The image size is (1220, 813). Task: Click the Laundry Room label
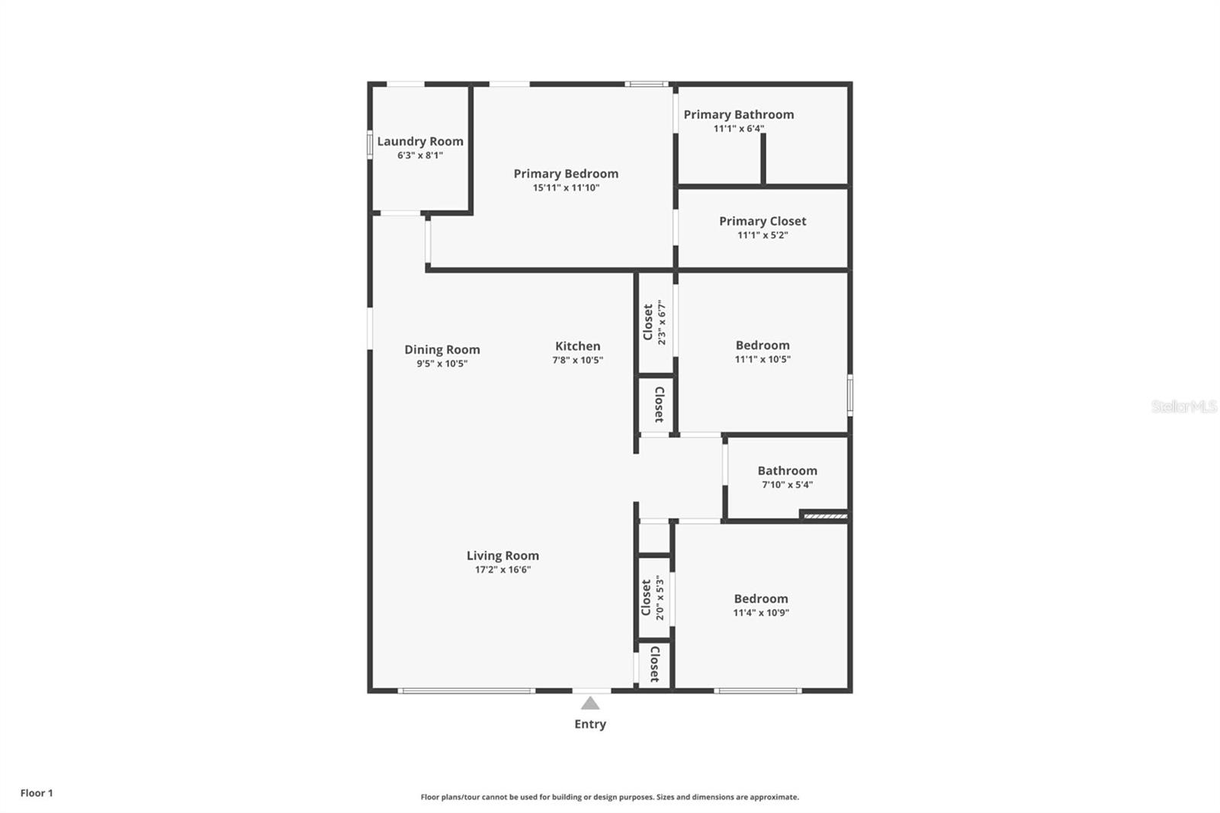click(x=420, y=141)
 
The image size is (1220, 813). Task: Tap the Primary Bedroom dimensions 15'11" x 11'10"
click(x=566, y=188)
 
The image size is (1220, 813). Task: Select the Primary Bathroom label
click(x=738, y=114)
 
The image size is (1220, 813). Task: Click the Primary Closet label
click(x=762, y=221)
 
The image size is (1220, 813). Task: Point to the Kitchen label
click(x=577, y=346)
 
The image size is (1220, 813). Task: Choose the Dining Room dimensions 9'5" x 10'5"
click(x=441, y=364)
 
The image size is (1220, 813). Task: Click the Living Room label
click(x=502, y=556)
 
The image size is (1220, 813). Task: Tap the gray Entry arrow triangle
click(x=590, y=703)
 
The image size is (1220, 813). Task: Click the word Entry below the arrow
click(x=590, y=725)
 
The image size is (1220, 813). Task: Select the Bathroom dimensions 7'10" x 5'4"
click(x=787, y=485)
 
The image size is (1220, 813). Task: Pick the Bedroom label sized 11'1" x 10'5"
click(x=762, y=345)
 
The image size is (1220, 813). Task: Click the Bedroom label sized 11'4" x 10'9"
click(x=760, y=599)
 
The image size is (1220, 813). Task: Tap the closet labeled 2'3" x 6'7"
click(x=653, y=323)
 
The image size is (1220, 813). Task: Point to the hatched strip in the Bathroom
click(x=825, y=516)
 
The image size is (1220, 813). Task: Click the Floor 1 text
click(x=37, y=793)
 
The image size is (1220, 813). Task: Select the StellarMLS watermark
click(x=1183, y=406)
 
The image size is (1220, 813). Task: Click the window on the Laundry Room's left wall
click(x=370, y=145)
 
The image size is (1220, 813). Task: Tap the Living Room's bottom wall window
click(x=466, y=691)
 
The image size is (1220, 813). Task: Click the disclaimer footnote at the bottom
click(x=609, y=797)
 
